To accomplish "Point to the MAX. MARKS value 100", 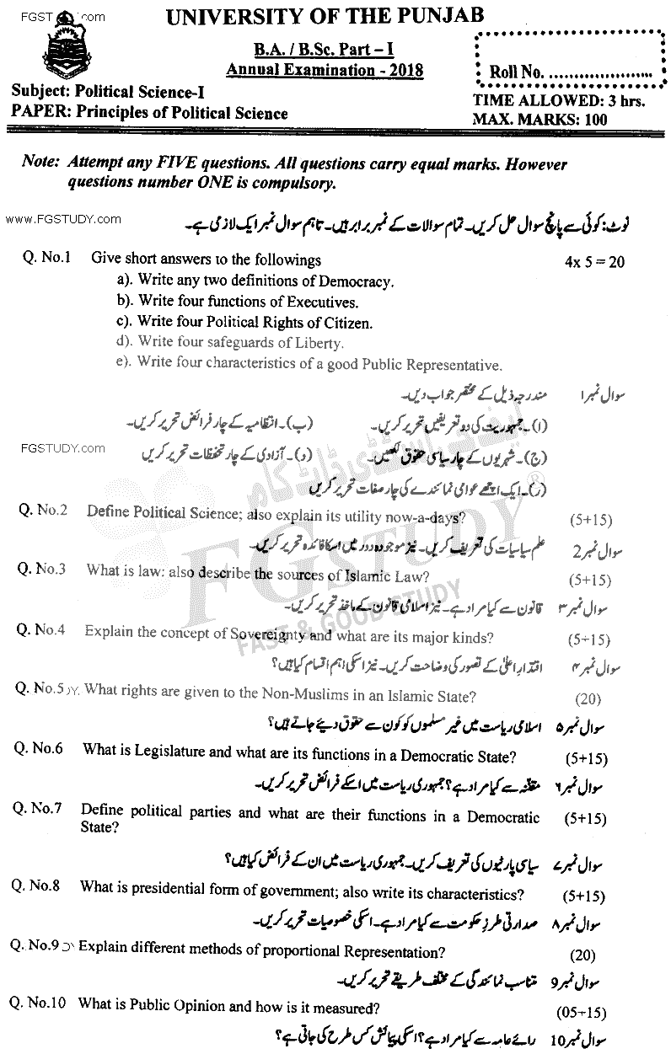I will coord(594,120).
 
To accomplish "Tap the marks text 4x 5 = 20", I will coord(594,262).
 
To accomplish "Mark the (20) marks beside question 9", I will coord(582,955).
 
